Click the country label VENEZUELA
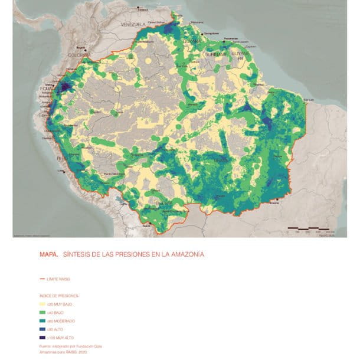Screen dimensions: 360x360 (x=133, y=25)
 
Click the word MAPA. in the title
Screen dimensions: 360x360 (x=48, y=254)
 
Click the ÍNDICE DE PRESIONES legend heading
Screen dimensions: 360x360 (x=58, y=294)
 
